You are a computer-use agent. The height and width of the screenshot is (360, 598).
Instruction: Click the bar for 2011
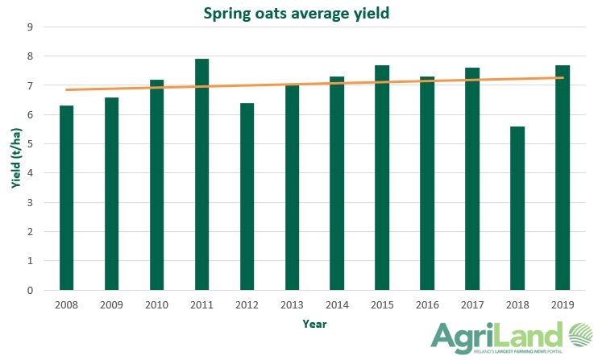201,175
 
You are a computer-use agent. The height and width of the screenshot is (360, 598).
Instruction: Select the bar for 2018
517,208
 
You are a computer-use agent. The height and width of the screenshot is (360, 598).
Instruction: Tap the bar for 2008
66,198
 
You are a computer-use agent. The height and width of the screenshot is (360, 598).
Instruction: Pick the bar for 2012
247,197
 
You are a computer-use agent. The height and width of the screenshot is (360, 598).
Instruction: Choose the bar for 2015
382,178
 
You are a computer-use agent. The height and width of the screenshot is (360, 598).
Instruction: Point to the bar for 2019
563,178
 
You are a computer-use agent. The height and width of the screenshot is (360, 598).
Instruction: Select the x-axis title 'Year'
314,324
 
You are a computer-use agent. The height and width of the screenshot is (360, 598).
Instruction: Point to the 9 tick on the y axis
30,27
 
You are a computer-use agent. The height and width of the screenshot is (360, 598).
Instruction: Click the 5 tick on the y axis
30,144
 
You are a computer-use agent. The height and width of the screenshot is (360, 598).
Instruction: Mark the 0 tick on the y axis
30,290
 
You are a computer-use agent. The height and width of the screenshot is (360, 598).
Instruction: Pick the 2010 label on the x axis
156,305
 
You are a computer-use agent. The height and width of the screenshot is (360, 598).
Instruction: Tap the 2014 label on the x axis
337,305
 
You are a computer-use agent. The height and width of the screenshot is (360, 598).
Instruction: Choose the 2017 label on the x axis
472,305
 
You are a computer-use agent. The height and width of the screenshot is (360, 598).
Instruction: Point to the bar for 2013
292,187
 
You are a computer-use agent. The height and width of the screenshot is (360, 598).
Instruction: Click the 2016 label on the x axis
427,305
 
